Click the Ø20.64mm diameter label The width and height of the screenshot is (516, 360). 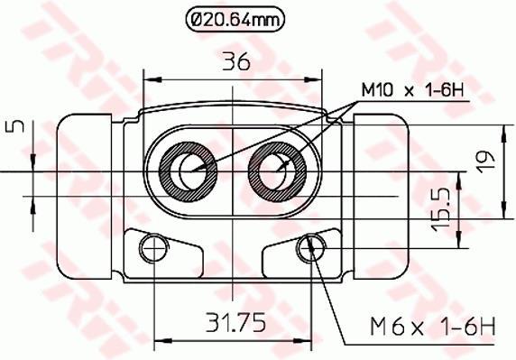click(x=235, y=20)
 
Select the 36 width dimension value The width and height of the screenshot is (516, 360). click(x=236, y=61)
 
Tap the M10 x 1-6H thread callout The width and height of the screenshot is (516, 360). click(x=412, y=89)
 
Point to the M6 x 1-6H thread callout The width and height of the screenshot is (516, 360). click(x=432, y=325)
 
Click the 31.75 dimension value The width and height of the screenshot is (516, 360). click(x=235, y=322)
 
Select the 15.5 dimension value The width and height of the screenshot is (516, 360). click(x=440, y=209)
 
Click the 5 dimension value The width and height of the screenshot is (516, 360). click(x=15, y=126)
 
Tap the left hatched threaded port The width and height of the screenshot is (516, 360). click(x=188, y=171)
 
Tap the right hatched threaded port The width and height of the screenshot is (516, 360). click(x=277, y=171)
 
